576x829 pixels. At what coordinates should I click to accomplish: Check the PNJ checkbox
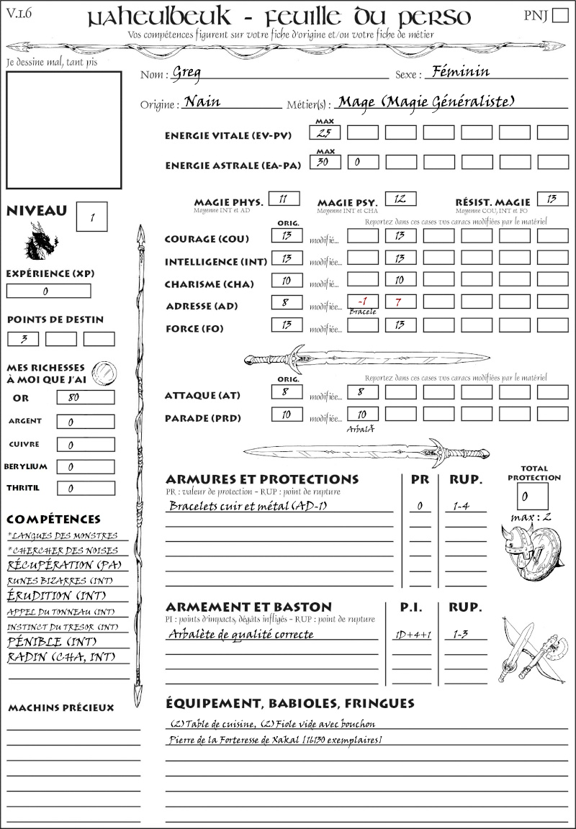click(559, 16)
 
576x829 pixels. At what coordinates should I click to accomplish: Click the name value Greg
click(186, 73)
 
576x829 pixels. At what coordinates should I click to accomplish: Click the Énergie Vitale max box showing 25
click(325, 132)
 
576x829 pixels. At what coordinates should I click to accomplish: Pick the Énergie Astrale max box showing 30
click(325, 162)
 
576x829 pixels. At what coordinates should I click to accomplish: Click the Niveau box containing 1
click(92, 215)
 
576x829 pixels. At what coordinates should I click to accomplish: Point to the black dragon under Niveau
click(41, 242)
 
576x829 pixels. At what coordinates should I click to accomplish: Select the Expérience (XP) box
click(49, 291)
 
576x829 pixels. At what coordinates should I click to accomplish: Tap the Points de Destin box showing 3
click(24, 339)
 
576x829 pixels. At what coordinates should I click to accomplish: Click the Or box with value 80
click(86, 397)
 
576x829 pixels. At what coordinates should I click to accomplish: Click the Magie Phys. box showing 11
click(284, 199)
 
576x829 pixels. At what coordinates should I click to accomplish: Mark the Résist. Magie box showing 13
click(552, 199)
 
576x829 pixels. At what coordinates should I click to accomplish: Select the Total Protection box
click(533, 496)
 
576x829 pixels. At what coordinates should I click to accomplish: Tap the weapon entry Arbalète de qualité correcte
click(241, 635)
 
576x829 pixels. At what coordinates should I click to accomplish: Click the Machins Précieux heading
click(60, 708)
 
